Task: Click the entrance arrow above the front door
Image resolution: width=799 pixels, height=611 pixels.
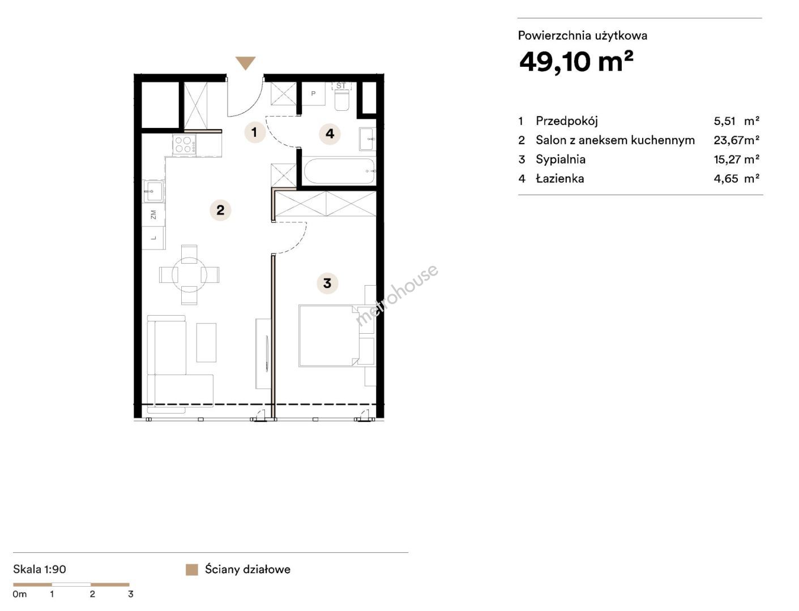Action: [245, 63]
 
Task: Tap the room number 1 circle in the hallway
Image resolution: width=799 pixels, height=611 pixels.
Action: [254, 132]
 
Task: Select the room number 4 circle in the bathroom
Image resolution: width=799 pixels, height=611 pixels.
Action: [330, 134]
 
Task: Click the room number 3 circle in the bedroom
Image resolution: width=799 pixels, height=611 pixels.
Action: [327, 283]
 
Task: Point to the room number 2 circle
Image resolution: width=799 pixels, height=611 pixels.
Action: [220, 210]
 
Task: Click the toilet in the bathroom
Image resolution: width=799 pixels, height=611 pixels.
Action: [342, 100]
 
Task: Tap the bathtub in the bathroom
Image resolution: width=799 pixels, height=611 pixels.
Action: [339, 171]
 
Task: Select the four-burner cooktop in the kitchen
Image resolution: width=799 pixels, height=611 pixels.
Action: [184, 144]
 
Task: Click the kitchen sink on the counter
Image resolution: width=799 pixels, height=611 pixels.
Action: [153, 191]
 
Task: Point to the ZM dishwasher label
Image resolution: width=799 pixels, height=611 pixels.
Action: [153, 214]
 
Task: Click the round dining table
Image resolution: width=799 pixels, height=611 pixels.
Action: [189, 274]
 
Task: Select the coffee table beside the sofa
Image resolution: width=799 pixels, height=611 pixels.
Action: [206, 343]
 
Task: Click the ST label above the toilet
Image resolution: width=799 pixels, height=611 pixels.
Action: [341, 86]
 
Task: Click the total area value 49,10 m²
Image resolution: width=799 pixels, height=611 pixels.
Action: [576, 62]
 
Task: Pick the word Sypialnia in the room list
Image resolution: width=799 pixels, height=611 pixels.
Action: [561, 160]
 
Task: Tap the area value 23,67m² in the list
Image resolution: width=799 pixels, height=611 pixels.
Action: [736, 140]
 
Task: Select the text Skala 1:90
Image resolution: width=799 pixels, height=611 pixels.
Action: [40, 569]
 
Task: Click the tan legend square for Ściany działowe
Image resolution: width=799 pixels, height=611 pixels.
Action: [192, 570]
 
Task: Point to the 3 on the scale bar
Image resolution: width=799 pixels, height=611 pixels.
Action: [131, 594]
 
